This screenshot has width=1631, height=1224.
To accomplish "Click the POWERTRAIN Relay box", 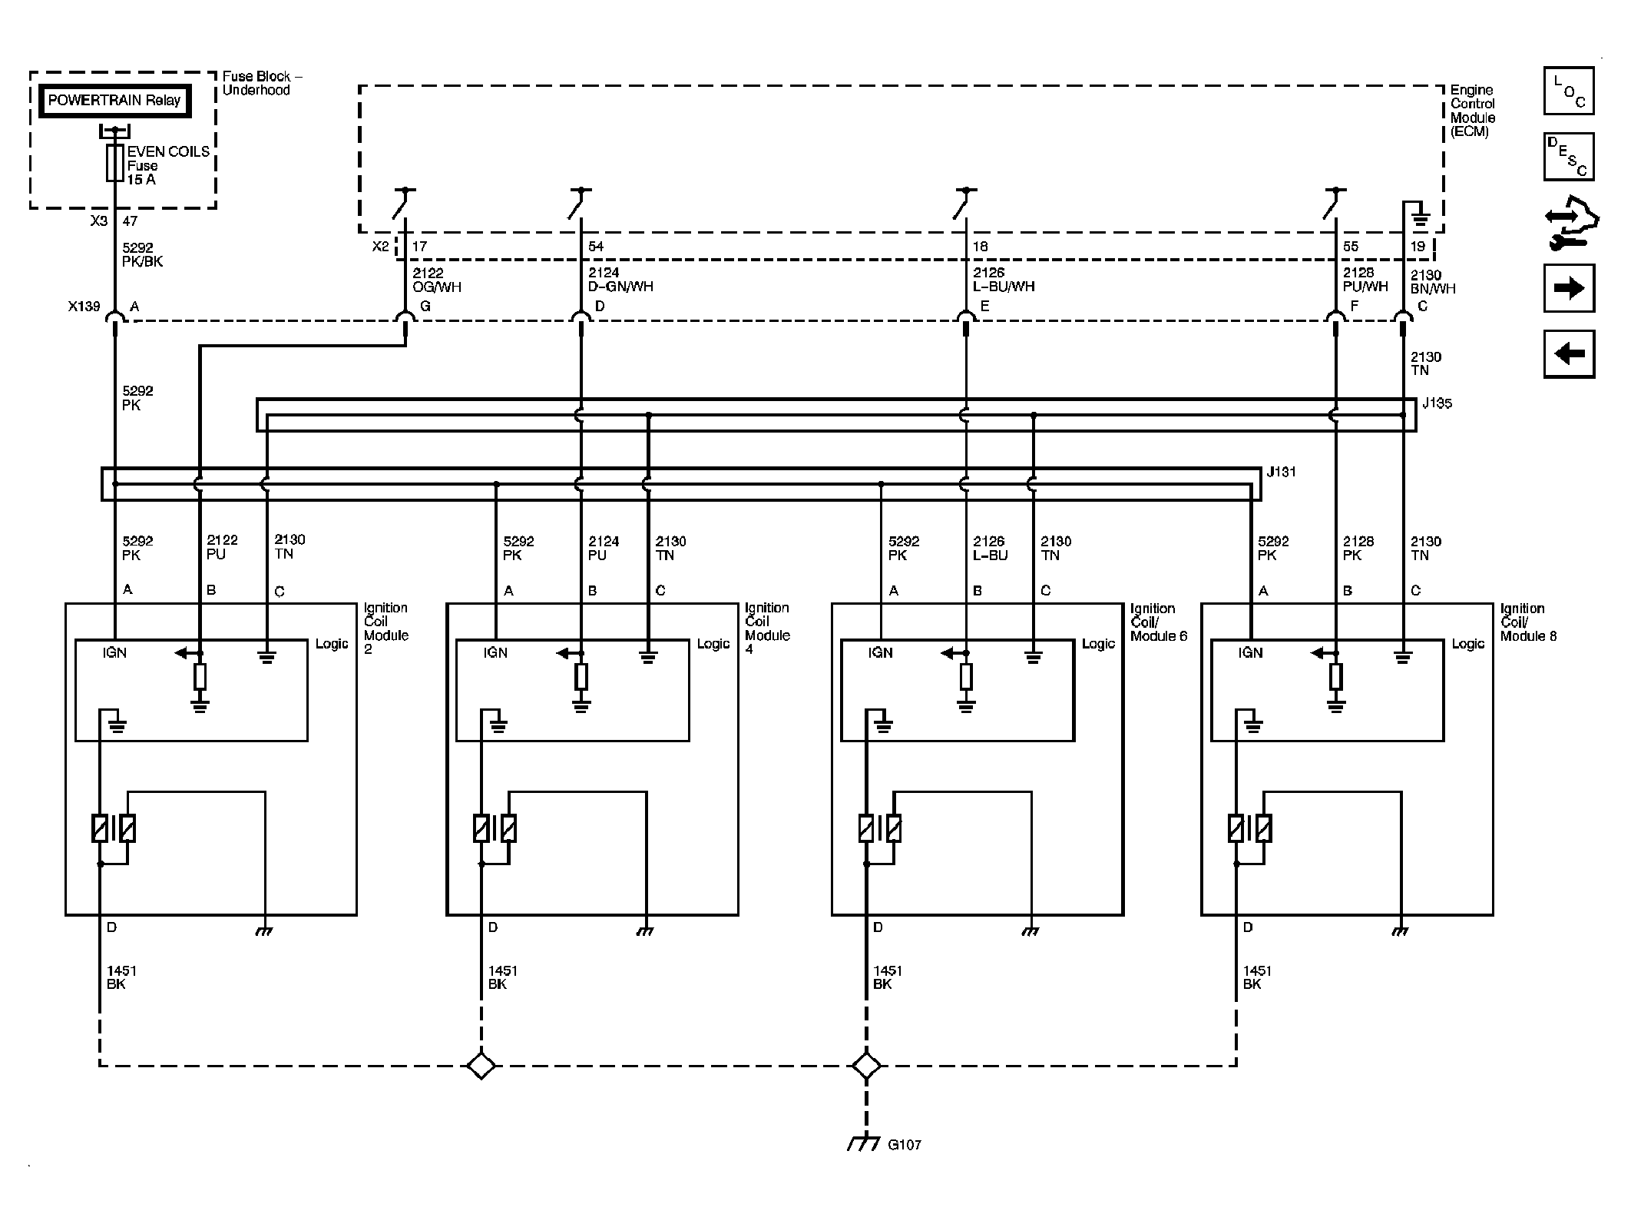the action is click(114, 101).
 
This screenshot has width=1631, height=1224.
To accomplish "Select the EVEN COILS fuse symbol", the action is click(114, 163).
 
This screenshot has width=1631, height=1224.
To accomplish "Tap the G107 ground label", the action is click(904, 1166).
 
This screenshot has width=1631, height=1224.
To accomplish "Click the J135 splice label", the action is click(1437, 403).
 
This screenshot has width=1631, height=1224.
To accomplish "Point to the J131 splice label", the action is click(1281, 472).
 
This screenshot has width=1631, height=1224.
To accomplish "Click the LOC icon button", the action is click(1569, 91).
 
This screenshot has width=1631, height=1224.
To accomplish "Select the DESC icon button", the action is click(1569, 157).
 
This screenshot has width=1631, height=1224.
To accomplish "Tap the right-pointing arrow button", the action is click(1569, 288).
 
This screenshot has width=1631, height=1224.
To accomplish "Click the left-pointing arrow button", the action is click(1569, 354).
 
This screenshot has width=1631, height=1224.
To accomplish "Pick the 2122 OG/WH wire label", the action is click(437, 280).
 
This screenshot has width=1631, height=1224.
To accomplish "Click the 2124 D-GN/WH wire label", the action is click(620, 280).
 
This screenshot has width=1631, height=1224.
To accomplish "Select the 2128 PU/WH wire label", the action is click(1365, 280).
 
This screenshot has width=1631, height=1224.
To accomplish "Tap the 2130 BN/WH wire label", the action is click(1433, 282).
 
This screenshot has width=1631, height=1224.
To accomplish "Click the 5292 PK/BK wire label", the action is click(143, 254).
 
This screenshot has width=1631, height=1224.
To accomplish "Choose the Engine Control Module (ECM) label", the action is click(1473, 111).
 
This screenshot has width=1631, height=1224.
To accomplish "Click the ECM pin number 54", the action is click(596, 247).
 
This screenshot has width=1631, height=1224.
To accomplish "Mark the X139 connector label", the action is click(84, 307).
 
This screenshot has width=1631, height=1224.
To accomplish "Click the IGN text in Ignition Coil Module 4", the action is click(495, 653).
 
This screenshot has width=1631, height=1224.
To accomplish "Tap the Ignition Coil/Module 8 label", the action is click(1528, 622).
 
